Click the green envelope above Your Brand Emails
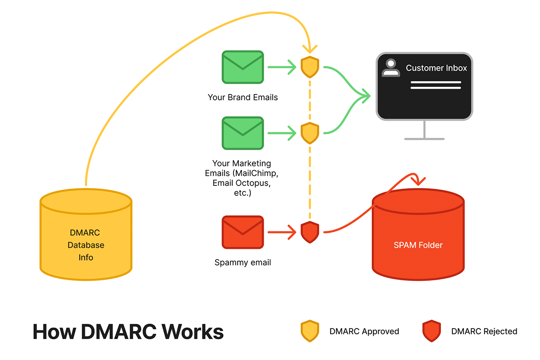[x=243, y=67]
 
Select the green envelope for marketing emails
[x=243, y=133]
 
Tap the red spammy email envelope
[x=243, y=232]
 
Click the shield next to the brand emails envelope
[x=310, y=67]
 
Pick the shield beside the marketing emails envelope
[x=310, y=133]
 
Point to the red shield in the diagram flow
[x=310, y=232]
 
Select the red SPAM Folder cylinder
[x=418, y=238]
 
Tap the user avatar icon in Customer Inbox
[x=390, y=67]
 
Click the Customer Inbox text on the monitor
[x=436, y=68]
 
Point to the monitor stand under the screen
[x=424, y=130]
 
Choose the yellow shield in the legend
[x=310, y=331]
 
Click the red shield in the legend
[x=431, y=331]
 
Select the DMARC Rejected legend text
[x=484, y=332]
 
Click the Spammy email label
[x=243, y=262]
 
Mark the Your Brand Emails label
[x=243, y=97]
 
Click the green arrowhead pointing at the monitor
[x=367, y=95]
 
